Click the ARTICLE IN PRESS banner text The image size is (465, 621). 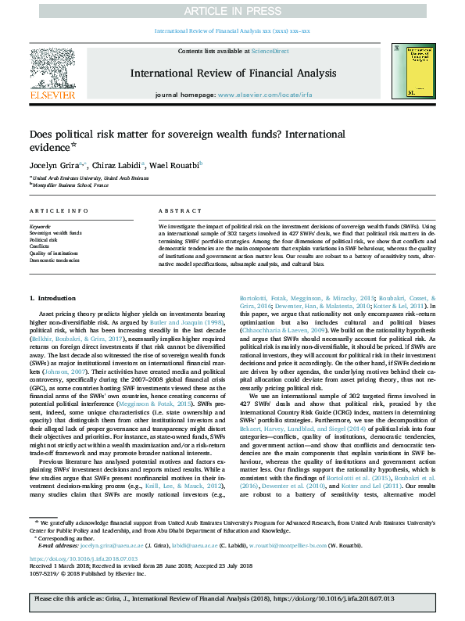(x=232, y=10)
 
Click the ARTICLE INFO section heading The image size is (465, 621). (x=53, y=212)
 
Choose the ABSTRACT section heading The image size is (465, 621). (x=176, y=212)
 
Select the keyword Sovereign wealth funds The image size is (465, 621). (x=55, y=233)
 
